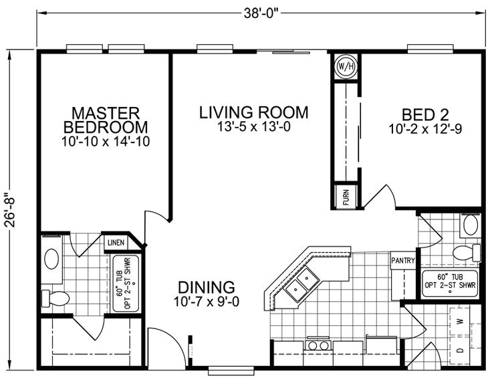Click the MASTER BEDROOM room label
tap(105, 119)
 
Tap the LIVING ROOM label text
tap(253, 112)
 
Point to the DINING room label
tap(207, 287)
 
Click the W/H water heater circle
tap(346, 66)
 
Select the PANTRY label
tap(403, 262)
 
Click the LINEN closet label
tap(114, 241)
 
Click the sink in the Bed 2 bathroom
tap(471, 225)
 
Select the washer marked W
tap(461, 321)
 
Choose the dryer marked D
tap(461, 350)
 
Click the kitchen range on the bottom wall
tap(319, 346)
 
